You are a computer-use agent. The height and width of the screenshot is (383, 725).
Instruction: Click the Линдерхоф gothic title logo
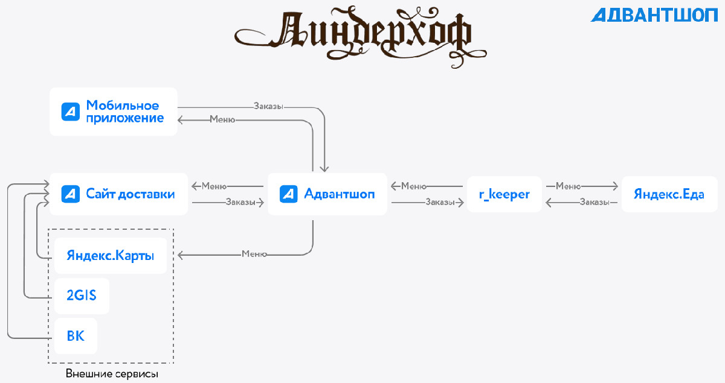[360, 36]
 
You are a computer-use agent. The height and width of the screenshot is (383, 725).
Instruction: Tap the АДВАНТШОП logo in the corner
[654, 15]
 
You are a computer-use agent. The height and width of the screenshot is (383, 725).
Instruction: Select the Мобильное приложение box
[114, 112]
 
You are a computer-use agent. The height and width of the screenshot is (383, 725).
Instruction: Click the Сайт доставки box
[118, 194]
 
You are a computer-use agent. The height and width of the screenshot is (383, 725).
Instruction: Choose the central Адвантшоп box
[327, 194]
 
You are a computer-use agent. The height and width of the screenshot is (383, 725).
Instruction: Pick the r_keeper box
[504, 194]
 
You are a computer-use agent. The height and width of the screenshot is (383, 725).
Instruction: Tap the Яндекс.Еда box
[669, 194]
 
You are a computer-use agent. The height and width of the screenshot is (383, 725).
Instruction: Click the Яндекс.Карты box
[111, 256]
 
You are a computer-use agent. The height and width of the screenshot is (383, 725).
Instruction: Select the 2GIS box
[82, 296]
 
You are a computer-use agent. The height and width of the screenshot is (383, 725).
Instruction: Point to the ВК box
[76, 336]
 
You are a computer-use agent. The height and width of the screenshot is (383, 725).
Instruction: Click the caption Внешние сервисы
[112, 374]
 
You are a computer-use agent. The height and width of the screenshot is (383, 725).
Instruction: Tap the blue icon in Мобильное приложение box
[71, 112]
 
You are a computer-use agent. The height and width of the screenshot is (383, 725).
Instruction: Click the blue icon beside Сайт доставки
[71, 194]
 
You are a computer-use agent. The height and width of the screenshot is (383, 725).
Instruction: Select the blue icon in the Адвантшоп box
[288, 194]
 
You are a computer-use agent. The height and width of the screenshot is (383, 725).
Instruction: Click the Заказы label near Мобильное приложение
[268, 106]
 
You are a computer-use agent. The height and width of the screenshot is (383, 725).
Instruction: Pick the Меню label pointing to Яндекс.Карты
[254, 254]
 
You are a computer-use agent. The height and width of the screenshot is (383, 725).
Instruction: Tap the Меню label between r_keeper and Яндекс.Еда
[569, 186]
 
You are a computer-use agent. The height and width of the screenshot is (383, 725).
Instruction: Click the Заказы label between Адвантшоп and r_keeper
[440, 202]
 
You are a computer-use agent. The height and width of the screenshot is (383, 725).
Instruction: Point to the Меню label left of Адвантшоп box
[214, 186]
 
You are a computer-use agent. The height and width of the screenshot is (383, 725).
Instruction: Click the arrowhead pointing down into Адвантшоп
[324, 169]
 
